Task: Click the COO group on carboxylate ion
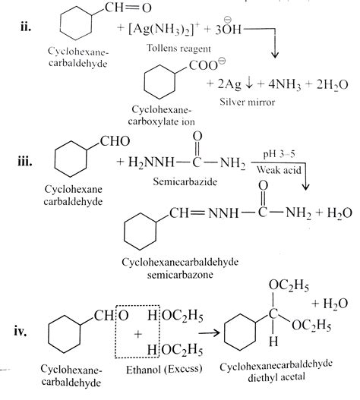click(203, 66)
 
